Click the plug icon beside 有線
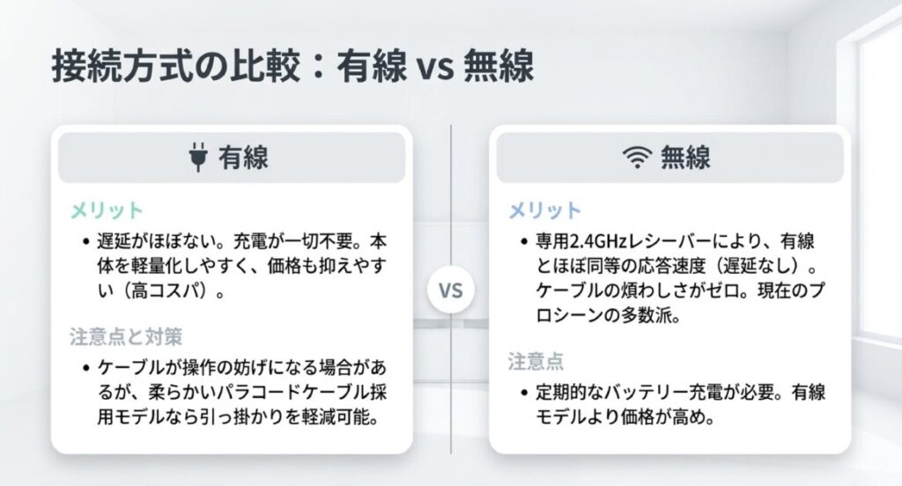click(x=195, y=158)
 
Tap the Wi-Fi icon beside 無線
click(x=634, y=158)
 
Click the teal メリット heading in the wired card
click(x=106, y=210)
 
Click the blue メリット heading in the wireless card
click(x=545, y=210)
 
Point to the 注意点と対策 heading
click(x=126, y=337)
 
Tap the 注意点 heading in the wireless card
click(x=536, y=361)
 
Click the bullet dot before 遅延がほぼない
click(x=85, y=242)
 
